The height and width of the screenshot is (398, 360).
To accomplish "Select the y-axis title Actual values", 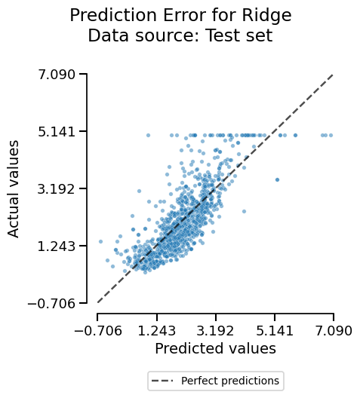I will [x=14, y=188].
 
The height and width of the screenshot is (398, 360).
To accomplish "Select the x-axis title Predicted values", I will [x=215, y=348].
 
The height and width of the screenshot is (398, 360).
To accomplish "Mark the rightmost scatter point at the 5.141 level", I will [x=331, y=135].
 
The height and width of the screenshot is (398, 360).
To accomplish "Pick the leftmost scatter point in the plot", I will [x=100, y=242].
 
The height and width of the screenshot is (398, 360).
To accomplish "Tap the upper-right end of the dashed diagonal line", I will [x=333, y=75].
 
